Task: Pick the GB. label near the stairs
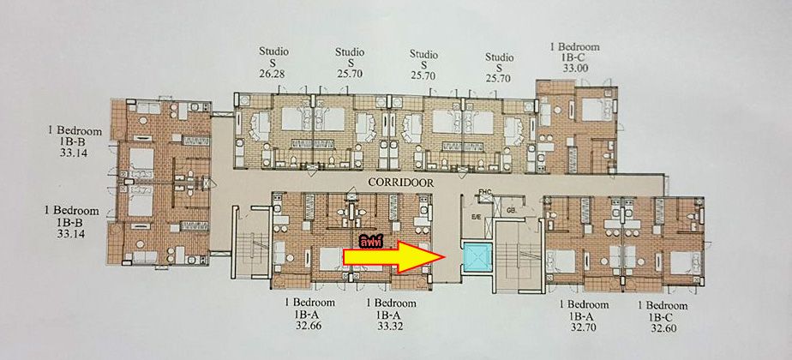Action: coord(512,208)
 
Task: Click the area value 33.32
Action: coord(391,327)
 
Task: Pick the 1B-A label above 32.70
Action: coord(585,316)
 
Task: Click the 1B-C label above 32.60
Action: coord(663,316)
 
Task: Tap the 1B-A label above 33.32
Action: coord(391,315)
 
